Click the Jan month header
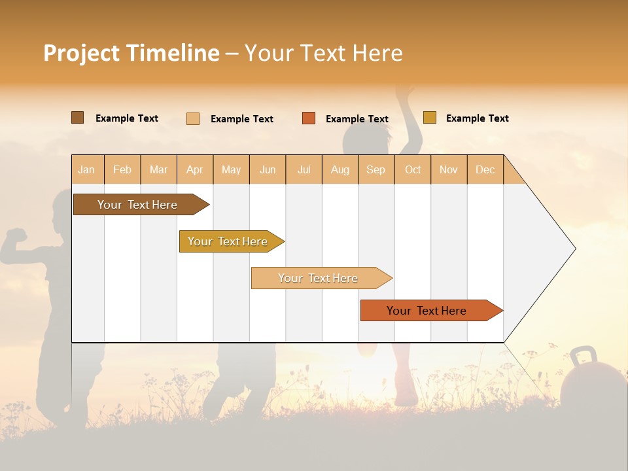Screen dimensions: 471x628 point(86,169)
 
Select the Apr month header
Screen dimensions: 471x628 point(195,169)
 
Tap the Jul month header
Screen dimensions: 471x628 point(304,169)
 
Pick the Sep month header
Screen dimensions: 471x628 point(375,169)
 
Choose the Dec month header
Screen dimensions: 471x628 point(485,169)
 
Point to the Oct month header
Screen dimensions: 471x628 point(413,169)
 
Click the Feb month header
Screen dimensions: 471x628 point(122,169)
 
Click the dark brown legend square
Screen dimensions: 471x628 point(78,118)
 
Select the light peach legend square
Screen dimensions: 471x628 point(193,118)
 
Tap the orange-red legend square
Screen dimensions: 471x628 point(309,118)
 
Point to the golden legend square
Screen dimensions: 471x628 point(430,118)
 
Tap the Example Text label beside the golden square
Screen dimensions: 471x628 point(477,118)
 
